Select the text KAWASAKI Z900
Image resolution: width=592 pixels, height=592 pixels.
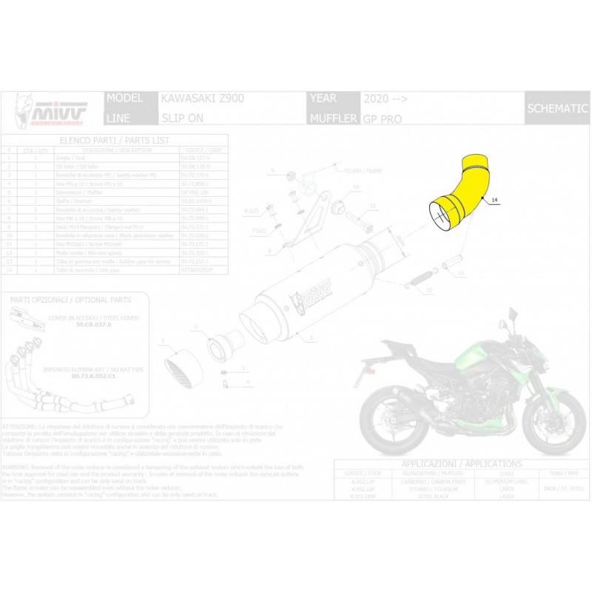coord(201,98)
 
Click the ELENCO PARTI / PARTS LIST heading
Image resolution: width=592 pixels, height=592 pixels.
coord(115,139)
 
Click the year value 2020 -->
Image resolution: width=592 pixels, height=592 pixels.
coord(385,98)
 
